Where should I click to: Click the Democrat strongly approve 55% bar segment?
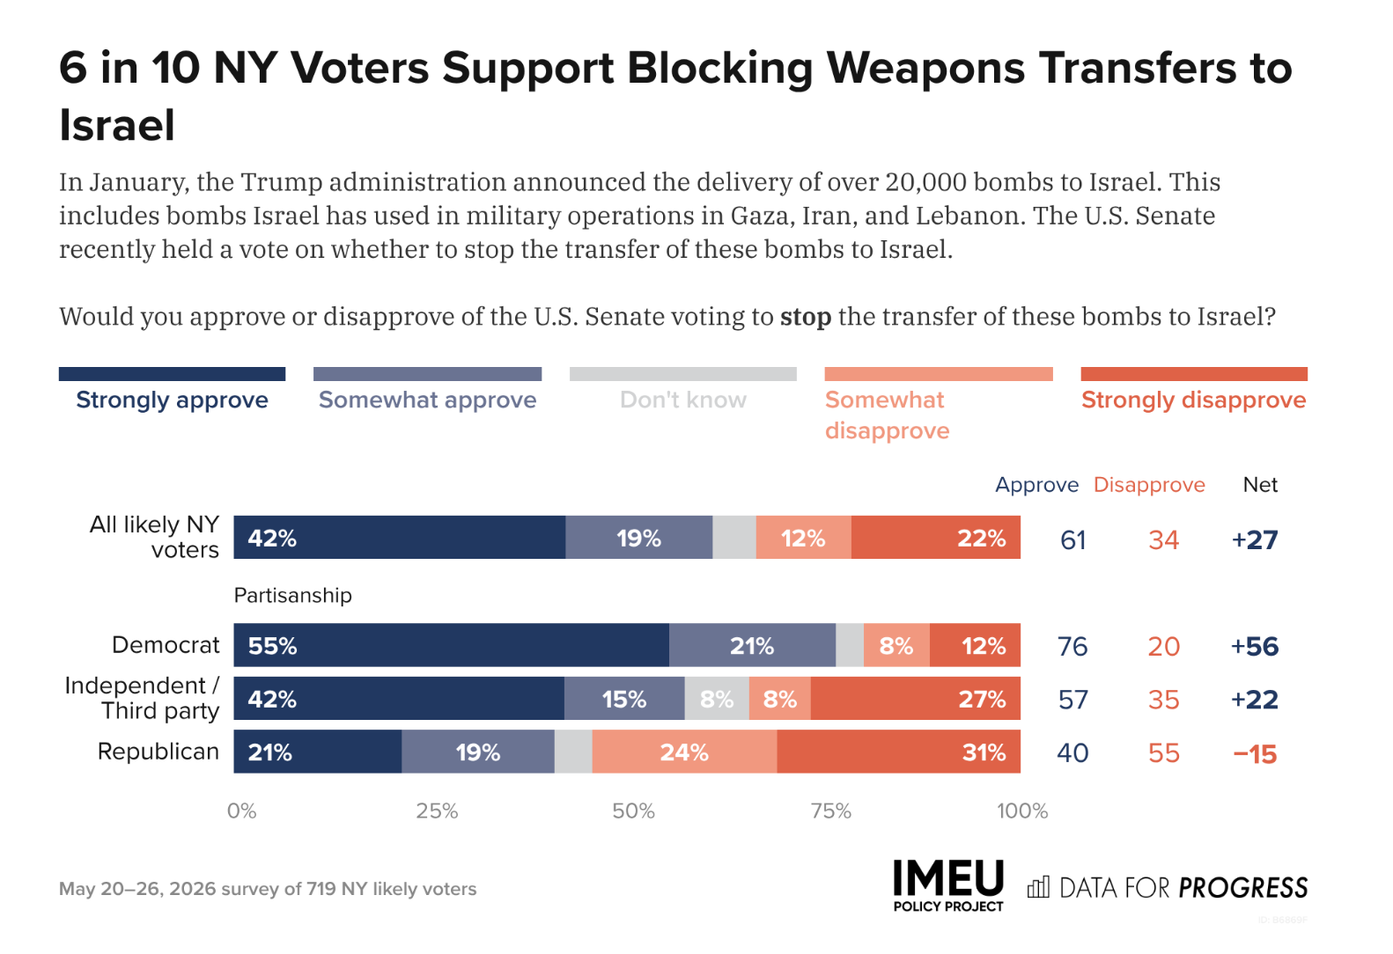(452, 645)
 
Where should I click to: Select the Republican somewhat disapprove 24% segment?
(685, 752)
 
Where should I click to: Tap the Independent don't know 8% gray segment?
(717, 699)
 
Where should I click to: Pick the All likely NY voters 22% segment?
(936, 537)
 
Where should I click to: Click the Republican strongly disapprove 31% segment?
(899, 752)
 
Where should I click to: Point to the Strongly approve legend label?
(173, 400)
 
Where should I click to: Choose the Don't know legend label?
(682, 400)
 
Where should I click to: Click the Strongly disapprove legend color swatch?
(1194, 373)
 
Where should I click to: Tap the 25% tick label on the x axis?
(437, 811)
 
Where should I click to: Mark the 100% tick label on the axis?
(1022, 811)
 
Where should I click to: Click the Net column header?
(1260, 485)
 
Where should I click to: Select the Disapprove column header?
(1149, 485)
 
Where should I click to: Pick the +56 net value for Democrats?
(1255, 646)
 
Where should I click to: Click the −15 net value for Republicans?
(1255, 754)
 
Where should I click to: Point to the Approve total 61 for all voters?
(1072, 539)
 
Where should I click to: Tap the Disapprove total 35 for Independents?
(1163, 700)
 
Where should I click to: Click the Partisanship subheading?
(293, 596)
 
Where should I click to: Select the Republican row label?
(158, 752)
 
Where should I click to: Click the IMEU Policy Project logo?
(948, 885)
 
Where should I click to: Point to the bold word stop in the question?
(806, 316)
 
